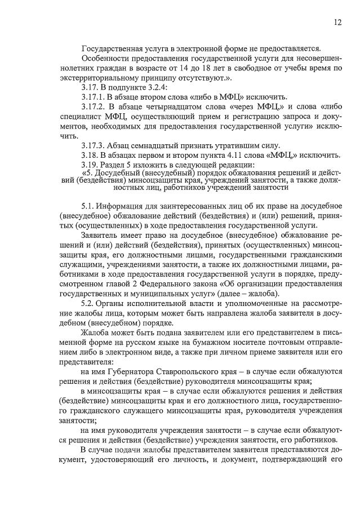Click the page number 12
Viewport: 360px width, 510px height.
[x=337, y=23]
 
